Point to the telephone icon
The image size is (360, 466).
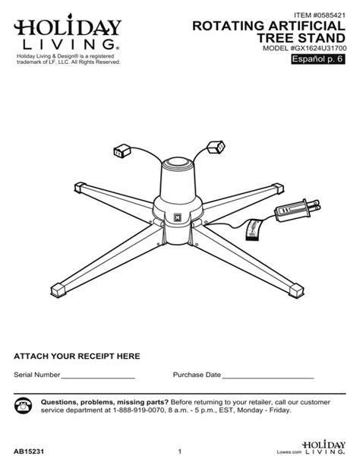pos(24,405)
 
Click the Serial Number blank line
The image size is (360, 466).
pos(98,376)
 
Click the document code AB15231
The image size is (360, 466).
pos(30,452)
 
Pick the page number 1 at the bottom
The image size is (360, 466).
pos(178,452)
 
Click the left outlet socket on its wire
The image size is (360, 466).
pos(122,151)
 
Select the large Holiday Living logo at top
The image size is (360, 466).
pos(65,33)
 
